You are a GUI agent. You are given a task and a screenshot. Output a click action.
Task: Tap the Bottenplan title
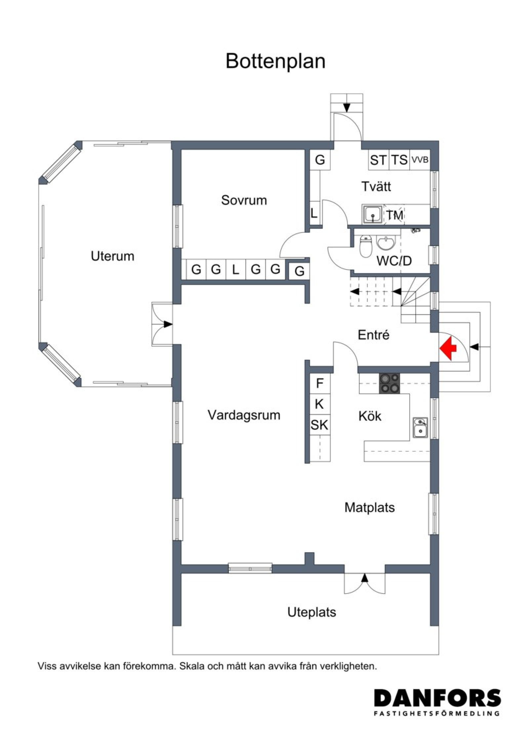[275, 61]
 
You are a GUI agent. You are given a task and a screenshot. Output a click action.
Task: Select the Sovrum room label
[244, 200]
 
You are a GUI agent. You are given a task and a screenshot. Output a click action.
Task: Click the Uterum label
[112, 256]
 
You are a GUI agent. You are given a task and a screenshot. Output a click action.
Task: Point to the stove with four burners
[389, 383]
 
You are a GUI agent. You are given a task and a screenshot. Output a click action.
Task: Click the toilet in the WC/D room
[365, 246]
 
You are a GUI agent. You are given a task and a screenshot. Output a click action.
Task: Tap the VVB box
[420, 160]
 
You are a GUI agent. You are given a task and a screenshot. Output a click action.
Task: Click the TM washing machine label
[395, 215]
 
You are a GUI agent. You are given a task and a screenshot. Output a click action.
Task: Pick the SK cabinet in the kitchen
[319, 425]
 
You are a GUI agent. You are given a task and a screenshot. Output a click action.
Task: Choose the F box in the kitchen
[319, 384]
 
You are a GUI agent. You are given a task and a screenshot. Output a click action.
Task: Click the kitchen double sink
[420, 428]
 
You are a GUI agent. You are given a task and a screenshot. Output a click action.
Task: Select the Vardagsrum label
[244, 415]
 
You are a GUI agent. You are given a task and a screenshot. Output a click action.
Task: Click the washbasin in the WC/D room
[386, 243]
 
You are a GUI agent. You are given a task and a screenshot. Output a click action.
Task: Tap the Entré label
[374, 335]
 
